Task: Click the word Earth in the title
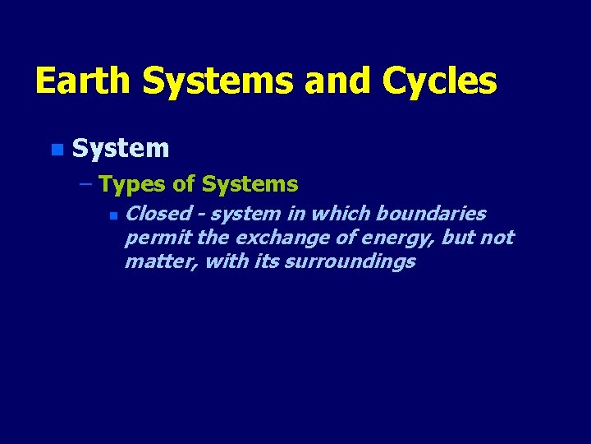[x=83, y=81]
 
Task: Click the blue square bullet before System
[x=55, y=150]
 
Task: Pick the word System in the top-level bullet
[x=121, y=149]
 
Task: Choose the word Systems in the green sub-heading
[x=250, y=184]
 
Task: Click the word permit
[x=149, y=238]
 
